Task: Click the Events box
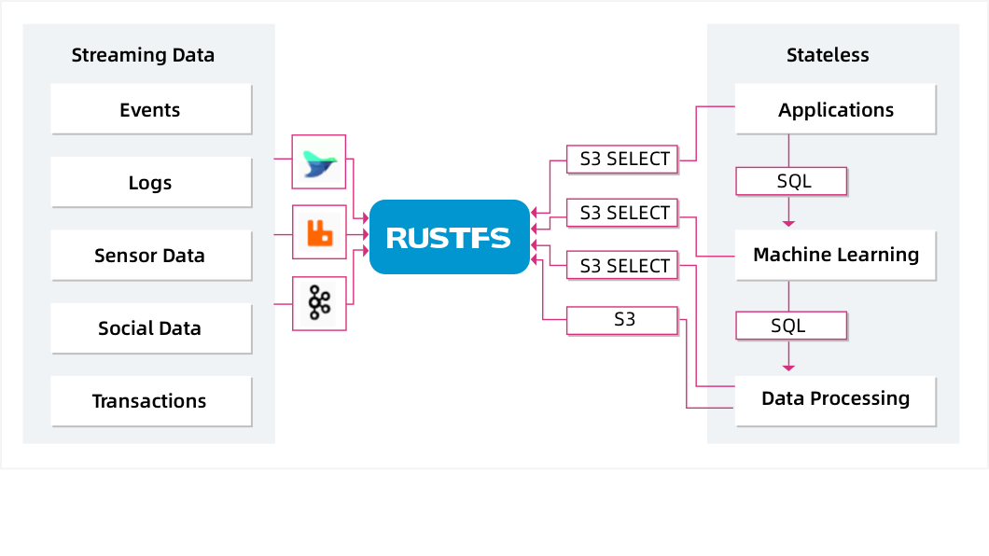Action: pyautogui.click(x=150, y=109)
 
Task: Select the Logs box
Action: pyautogui.click(x=150, y=182)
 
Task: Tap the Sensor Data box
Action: pyautogui.click(x=150, y=255)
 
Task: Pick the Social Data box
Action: pyautogui.click(x=150, y=327)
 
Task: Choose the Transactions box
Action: pyautogui.click(x=150, y=401)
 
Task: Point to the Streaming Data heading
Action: pyautogui.click(x=143, y=55)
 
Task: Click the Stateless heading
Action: pyautogui.click(x=828, y=55)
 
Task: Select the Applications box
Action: pyautogui.click(x=835, y=109)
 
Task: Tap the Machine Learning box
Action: pyautogui.click(x=835, y=255)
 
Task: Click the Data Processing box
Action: pyautogui.click(x=835, y=399)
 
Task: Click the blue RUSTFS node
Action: pyautogui.click(x=449, y=237)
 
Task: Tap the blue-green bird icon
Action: pyautogui.click(x=319, y=161)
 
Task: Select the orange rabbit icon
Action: pyautogui.click(x=319, y=231)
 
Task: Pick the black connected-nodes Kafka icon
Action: pyautogui.click(x=319, y=303)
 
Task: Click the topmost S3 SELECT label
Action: pyautogui.click(x=624, y=159)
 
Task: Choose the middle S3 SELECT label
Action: pyautogui.click(x=624, y=213)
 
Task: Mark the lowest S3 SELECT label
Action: pyautogui.click(x=624, y=266)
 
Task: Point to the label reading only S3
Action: pyautogui.click(x=623, y=320)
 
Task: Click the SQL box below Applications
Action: pyautogui.click(x=791, y=181)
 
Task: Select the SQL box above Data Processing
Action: pyautogui.click(x=791, y=326)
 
